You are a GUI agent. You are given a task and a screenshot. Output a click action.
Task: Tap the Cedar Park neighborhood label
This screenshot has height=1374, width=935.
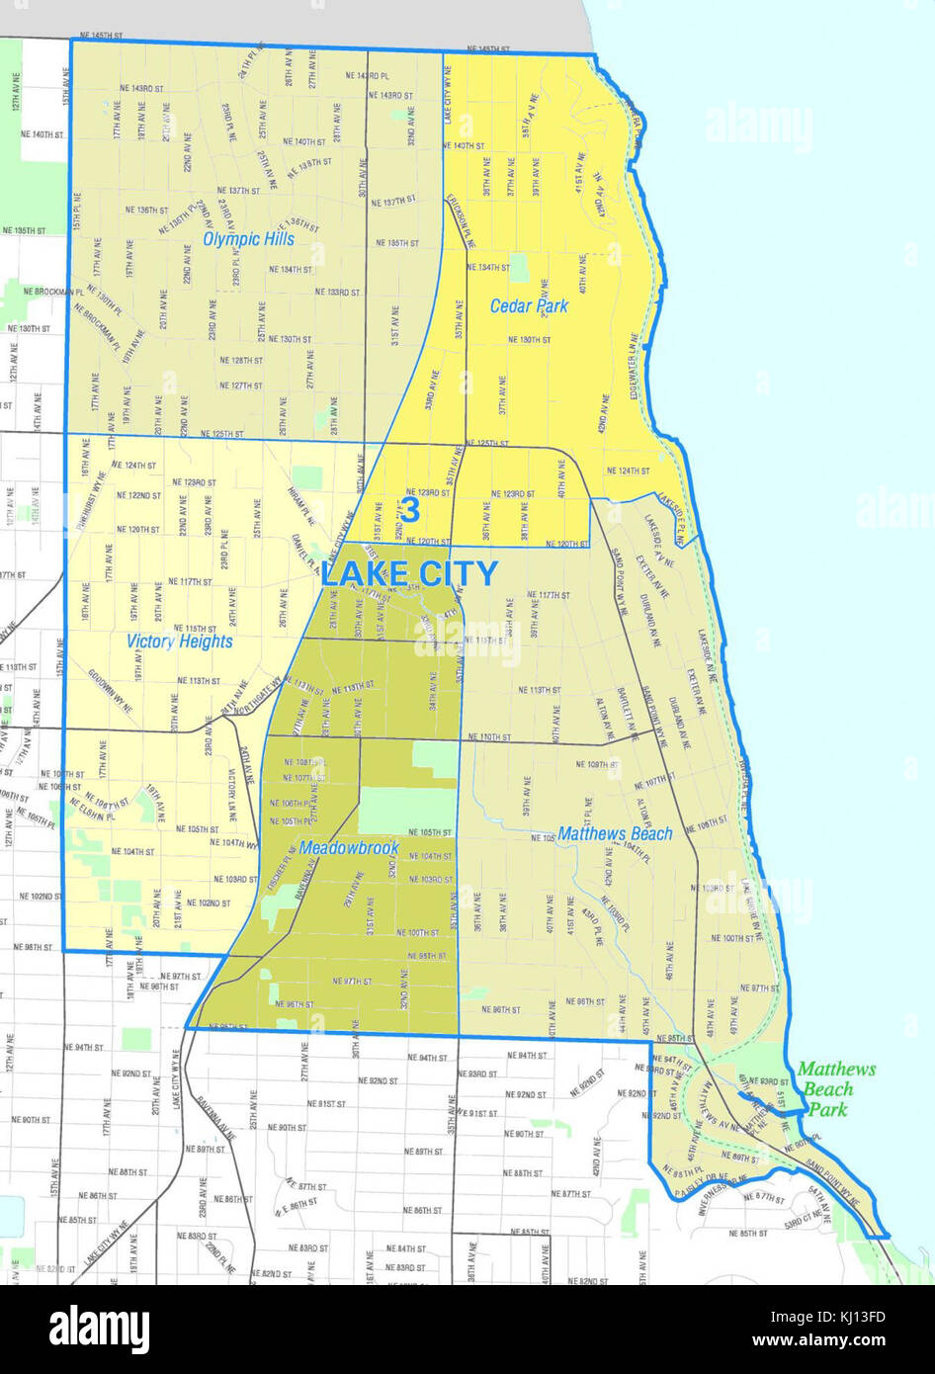click(x=529, y=305)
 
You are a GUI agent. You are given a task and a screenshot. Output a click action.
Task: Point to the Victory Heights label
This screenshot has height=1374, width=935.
click(x=180, y=642)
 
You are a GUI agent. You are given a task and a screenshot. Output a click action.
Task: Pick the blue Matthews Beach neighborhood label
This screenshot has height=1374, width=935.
click(x=615, y=833)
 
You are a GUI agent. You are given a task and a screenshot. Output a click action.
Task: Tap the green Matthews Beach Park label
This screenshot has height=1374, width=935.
click(x=835, y=1088)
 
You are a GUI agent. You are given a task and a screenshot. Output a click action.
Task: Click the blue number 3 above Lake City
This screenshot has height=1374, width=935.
click(x=409, y=510)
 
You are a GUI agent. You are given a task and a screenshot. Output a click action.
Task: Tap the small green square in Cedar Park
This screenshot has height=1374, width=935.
click(x=519, y=266)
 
